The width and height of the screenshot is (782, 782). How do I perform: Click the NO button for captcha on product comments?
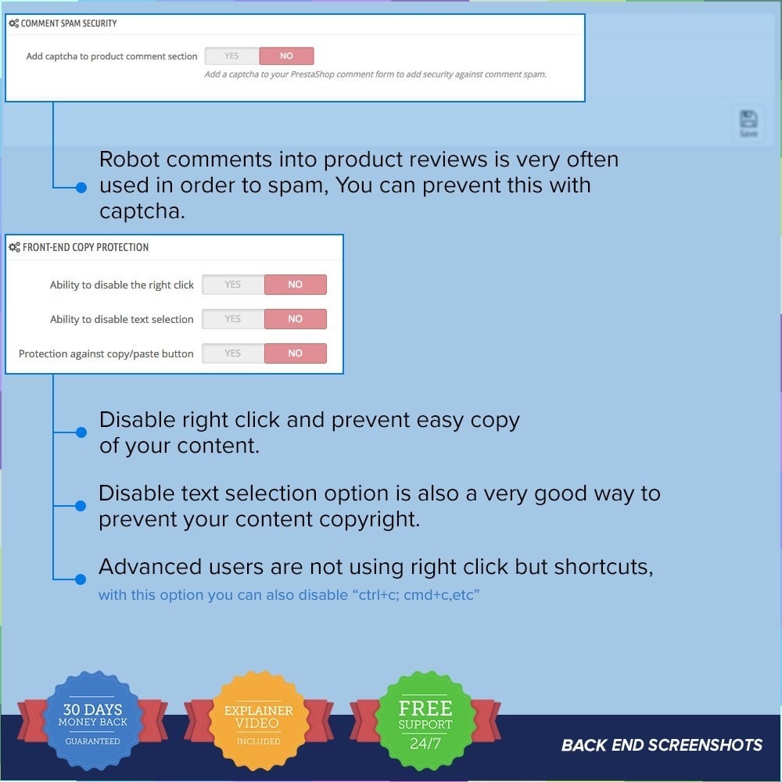tap(286, 56)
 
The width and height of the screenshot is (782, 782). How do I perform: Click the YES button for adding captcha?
tap(232, 56)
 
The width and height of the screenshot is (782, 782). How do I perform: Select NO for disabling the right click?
tap(296, 285)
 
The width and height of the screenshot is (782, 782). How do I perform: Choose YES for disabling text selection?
tap(233, 319)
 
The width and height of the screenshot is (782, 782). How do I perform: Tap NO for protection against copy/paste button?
tap(296, 353)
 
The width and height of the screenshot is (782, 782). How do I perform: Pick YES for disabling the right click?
tap(233, 285)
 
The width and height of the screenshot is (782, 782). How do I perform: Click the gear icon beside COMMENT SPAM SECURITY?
tap(14, 23)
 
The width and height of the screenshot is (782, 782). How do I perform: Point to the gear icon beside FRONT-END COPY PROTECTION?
tap(14, 247)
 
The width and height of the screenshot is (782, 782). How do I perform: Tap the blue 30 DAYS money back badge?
tap(93, 721)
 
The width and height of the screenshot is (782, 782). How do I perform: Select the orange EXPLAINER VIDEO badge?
tap(259, 721)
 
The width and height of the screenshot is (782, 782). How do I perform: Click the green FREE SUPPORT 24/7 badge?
tap(425, 721)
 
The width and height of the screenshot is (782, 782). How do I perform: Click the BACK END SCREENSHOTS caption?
tap(662, 745)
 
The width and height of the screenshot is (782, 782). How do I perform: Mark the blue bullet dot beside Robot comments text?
tap(81, 188)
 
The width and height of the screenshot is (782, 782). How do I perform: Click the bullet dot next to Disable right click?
tap(81, 432)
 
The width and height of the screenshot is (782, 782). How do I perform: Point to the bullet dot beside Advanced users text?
tap(81, 579)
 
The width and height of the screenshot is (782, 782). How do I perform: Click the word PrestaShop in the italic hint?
tap(313, 74)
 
